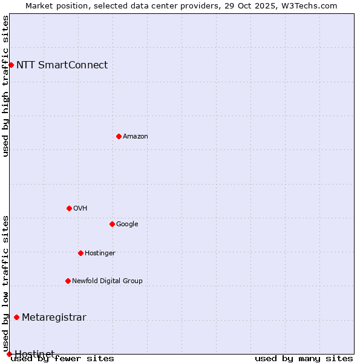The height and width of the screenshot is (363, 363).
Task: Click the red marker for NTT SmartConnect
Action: [x=11, y=65]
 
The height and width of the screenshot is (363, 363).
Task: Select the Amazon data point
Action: [x=119, y=136]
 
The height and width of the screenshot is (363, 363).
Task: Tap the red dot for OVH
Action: [x=69, y=208]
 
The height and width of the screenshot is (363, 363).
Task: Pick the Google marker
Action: [x=112, y=224]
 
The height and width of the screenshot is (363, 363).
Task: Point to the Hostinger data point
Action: [x=80, y=253]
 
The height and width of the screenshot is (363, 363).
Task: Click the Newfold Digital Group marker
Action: [x=68, y=281]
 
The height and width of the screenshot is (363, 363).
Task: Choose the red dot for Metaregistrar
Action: [x=16, y=317]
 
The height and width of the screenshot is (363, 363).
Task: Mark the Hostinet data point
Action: [x=9, y=354]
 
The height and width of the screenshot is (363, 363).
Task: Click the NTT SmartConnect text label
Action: [x=62, y=65]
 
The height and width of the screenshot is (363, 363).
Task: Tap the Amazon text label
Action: [x=136, y=136]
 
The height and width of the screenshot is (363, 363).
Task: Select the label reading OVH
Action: [x=80, y=208]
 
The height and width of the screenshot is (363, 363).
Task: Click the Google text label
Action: [x=127, y=224]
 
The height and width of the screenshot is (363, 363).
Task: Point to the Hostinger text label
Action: [x=100, y=253]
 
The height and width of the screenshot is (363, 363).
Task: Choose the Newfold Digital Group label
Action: [x=107, y=281]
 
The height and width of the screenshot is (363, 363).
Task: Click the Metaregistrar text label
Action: [x=54, y=317]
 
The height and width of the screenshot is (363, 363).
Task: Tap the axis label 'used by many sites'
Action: [x=304, y=358]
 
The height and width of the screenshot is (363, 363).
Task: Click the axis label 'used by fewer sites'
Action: [x=62, y=358]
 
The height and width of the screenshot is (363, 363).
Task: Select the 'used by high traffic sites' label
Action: [x=6, y=86]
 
